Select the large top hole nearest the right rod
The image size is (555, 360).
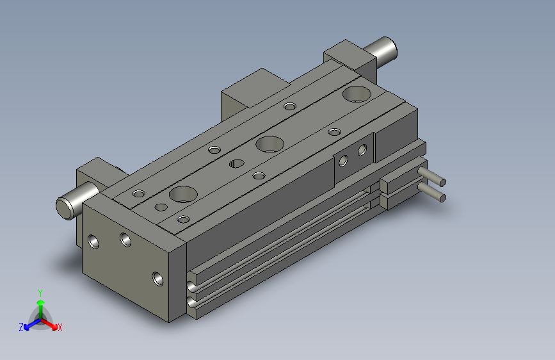pos(356,94)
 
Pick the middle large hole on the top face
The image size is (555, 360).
pos(269,143)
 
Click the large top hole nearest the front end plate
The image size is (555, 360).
pos(183,193)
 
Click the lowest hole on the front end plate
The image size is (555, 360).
pos(157,279)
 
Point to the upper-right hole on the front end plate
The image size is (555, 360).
pos(125,240)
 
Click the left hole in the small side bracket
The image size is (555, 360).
pos(344,160)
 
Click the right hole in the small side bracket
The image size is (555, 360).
pos(362,151)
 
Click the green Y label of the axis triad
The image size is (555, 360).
pos(40,292)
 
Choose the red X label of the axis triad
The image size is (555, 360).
pos(60,328)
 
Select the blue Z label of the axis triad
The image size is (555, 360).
pos(21,327)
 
